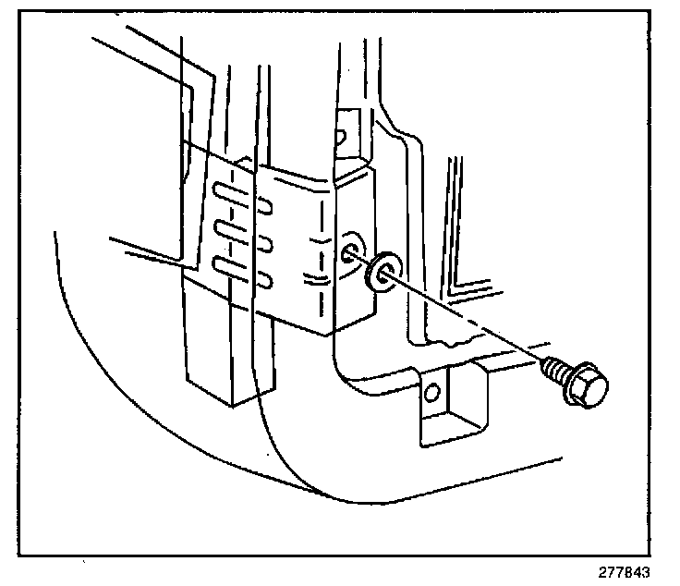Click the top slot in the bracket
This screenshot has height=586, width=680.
pyautogui.click(x=231, y=194)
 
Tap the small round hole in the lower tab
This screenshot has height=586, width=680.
pyautogui.click(x=429, y=396)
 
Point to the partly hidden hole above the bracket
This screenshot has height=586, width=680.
pyautogui.click(x=340, y=137)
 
